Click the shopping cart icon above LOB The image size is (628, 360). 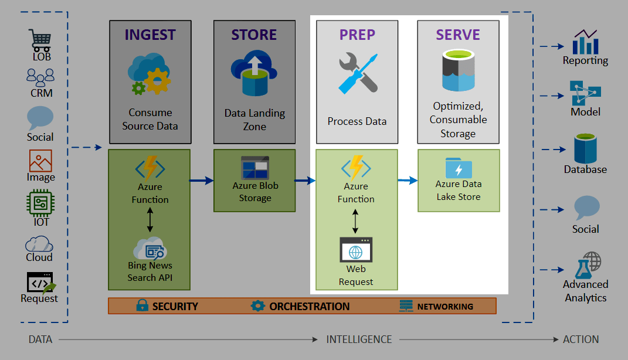pyautogui.click(x=41, y=40)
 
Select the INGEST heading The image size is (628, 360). pyautogui.click(x=150, y=35)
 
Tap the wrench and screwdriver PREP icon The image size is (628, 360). pyautogui.click(x=357, y=74)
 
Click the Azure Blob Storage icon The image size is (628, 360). pyautogui.click(x=255, y=168)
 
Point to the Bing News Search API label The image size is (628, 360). pyautogui.click(x=150, y=271)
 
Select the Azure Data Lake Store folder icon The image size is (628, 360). pyautogui.click(x=459, y=167)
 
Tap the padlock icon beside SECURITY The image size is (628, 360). pyautogui.click(x=142, y=305)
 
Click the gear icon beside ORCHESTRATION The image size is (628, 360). pyautogui.click(x=257, y=305)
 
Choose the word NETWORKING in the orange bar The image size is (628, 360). pyautogui.click(x=445, y=306)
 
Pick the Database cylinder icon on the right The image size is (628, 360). pyautogui.click(x=585, y=149)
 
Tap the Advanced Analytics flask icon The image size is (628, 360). pyautogui.click(x=586, y=265)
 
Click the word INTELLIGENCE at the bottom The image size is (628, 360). pyautogui.click(x=359, y=339)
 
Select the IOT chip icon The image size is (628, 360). pyautogui.click(x=40, y=203)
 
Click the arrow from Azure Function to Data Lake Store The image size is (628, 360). pyautogui.click(x=408, y=180)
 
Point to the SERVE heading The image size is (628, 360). pyautogui.click(x=458, y=35)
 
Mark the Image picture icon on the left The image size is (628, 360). pyautogui.click(x=40, y=161)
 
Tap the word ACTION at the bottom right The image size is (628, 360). pyautogui.click(x=581, y=339)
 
